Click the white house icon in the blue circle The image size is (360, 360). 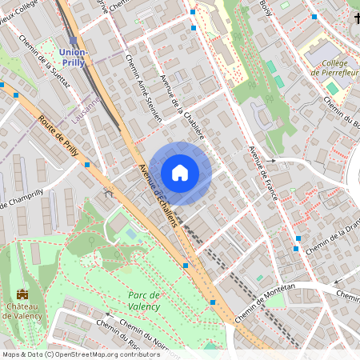(180, 173)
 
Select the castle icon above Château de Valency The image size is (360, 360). (22, 294)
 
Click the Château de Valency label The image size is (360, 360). (22, 310)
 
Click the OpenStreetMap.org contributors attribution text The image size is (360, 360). (104, 354)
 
